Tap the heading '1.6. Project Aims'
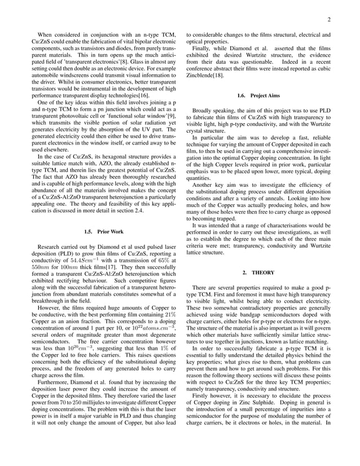pos(257,95)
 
